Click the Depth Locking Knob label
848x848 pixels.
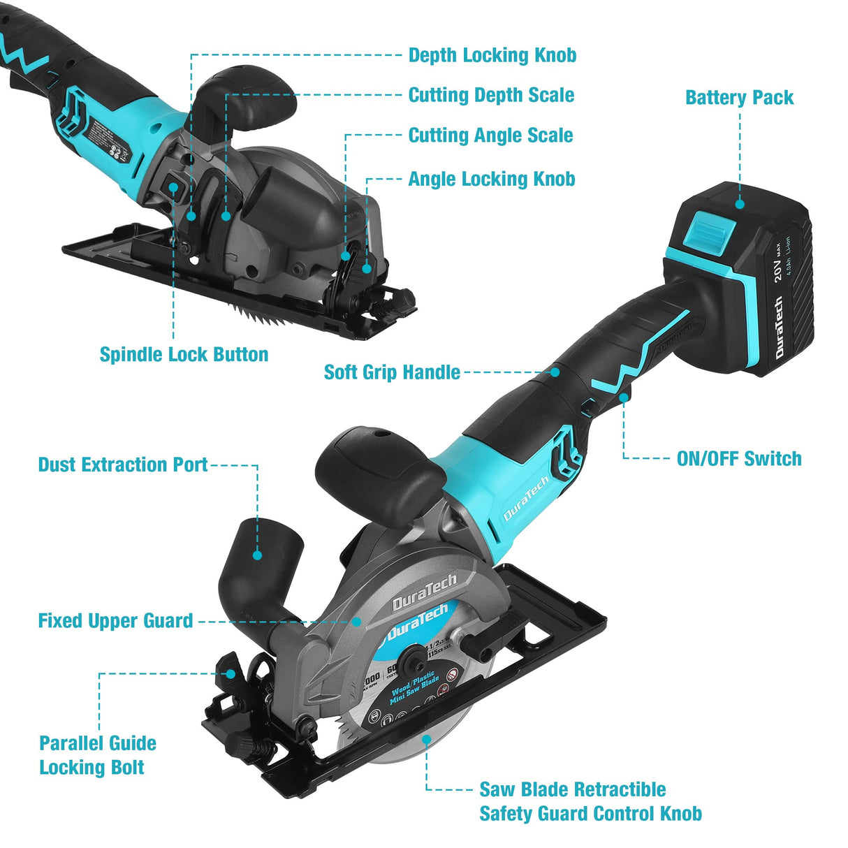(492, 55)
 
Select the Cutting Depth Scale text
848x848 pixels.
(491, 95)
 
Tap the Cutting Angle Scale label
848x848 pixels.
(490, 136)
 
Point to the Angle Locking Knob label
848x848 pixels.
(491, 179)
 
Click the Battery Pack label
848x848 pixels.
(739, 98)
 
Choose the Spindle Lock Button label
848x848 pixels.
(184, 354)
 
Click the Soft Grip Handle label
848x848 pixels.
(392, 372)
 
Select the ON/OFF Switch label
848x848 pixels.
(739, 459)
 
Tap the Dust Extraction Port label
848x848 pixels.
(123, 465)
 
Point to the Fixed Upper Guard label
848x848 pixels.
(115, 620)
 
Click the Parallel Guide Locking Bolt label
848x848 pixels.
(97, 755)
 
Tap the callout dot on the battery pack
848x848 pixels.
(740, 204)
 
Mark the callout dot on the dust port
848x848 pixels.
(257, 555)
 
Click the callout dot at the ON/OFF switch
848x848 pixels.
(623, 397)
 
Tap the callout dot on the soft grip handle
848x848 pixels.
(555, 372)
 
